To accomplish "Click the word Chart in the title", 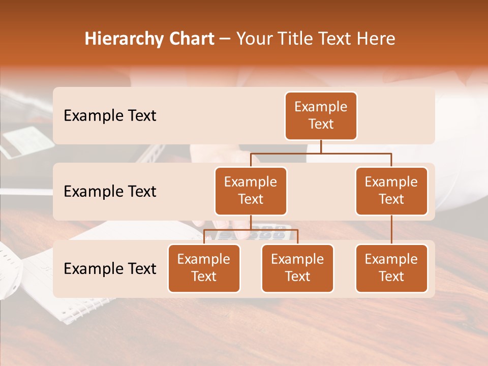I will [189, 39].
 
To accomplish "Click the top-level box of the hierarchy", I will [321, 116].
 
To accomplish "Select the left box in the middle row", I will [251, 191].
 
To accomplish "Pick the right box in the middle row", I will [391, 191].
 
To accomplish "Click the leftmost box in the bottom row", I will [204, 268].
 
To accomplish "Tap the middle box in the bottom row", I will [297, 268].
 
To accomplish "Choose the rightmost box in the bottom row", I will [391, 268].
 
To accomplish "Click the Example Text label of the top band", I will [110, 116].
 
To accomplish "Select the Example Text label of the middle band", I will [110, 192].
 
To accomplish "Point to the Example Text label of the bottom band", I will [110, 269].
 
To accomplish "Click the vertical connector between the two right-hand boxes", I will [391, 230].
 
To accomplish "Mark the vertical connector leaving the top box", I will [321, 146].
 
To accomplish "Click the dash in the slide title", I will [225, 40].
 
